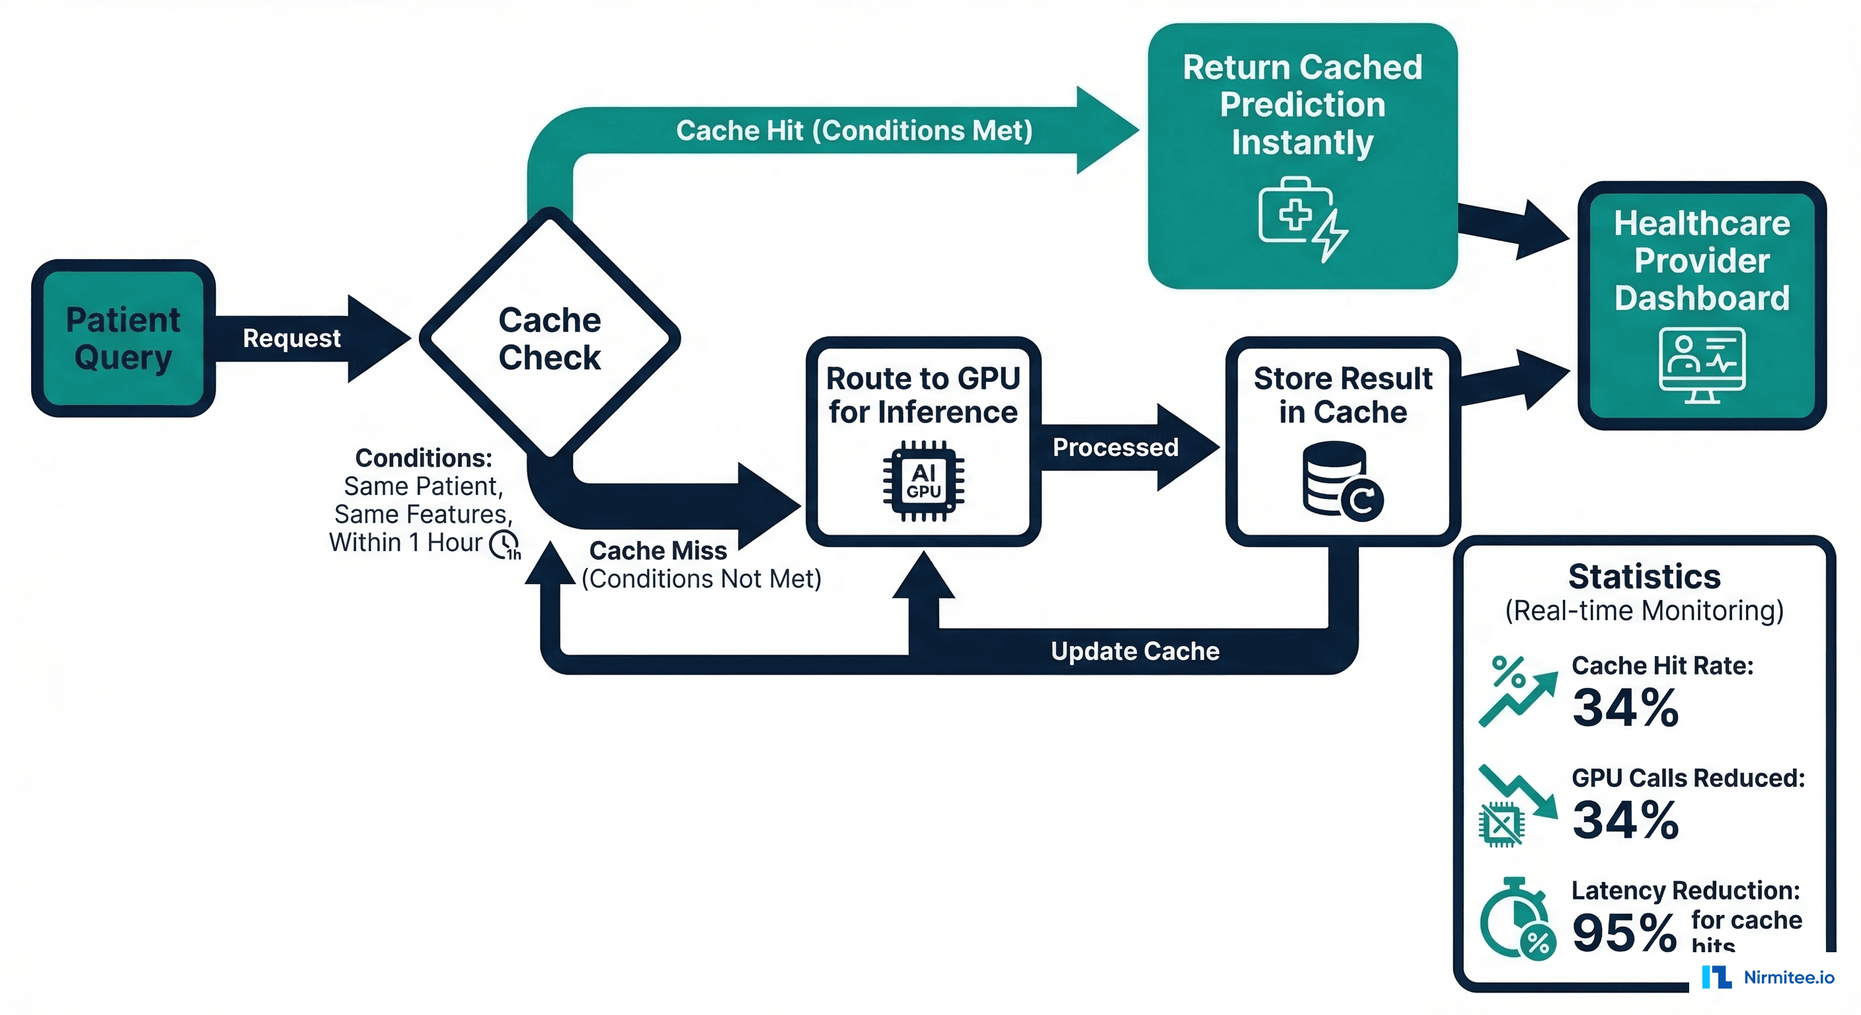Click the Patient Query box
point(123,338)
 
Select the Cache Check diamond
point(549,338)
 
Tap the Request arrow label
point(291,338)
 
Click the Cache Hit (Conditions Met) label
point(854,131)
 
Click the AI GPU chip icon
point(923,481)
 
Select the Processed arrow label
point(1115,447)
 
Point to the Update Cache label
point(1134,651)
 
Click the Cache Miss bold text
point(658,550)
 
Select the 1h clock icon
point(504,544)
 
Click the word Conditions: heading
point(424,458)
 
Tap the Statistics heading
point(1644,576)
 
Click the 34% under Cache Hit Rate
point(1626,707)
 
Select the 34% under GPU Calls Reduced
point(1626,819)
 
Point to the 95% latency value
point(1624,932)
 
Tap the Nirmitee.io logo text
point(1788,977)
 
